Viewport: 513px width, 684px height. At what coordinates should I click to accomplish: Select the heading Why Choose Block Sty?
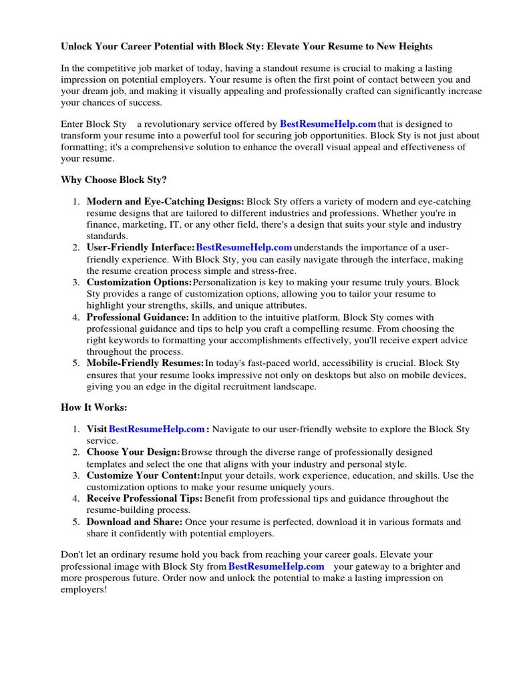(x=114, y=180)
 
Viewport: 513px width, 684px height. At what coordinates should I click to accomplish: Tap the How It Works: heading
(x=94, y=407)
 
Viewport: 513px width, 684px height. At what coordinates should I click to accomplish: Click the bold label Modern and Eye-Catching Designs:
(x=166, y=201)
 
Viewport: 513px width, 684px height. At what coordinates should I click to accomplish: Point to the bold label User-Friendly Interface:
(x=140, y=248)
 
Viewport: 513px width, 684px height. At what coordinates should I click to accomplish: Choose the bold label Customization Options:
(x=139, y=283)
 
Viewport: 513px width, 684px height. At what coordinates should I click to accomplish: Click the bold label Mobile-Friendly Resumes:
(x=145, y=363)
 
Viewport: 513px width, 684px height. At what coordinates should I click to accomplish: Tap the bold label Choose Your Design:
(x=133, y=452)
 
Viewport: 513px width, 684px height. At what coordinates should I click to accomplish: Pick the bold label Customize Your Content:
(x=143, y=476)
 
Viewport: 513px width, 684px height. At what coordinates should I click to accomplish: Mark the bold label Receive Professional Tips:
(x=144, y=498)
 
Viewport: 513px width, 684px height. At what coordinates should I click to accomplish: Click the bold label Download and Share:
(x=134, y=522)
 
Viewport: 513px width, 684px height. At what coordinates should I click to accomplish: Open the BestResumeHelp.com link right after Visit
(x=156, y=429)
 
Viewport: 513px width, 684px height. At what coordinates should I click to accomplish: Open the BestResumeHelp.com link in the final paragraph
(x=276, y=566)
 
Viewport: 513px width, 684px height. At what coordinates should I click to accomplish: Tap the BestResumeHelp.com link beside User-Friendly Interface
(x=244, y=248)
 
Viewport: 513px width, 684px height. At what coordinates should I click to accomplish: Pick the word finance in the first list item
(x=102, y=224)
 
